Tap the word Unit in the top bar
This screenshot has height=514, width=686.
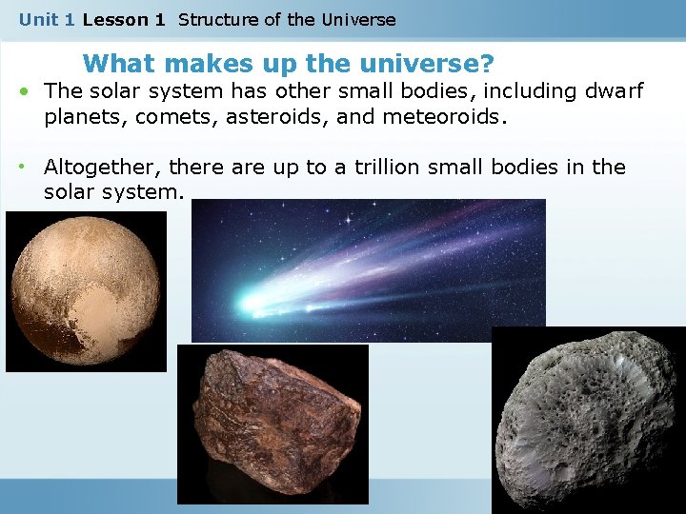(38, 19)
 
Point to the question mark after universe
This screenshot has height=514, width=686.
(487, 64)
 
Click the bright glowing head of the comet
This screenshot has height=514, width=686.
(252, 303)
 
